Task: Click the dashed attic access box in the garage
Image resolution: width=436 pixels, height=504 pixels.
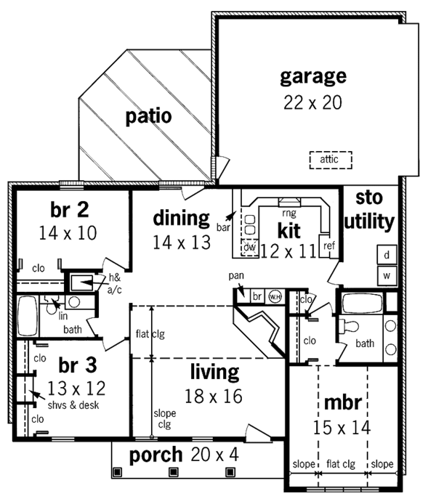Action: (x=330, y=159)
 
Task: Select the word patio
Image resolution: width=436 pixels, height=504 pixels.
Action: (x=148, y=116)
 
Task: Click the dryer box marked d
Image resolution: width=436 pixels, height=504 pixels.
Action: (x=387, y=255)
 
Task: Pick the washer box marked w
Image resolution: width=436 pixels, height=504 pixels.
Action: (x=387, y=276)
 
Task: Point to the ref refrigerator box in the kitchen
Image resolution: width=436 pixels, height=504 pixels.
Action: (x=328, y=245)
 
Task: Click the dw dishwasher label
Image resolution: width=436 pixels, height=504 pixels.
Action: (x=249, y=248)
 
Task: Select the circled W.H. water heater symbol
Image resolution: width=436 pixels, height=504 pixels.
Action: (x=274, y=296)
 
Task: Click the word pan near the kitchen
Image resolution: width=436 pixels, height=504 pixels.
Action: (x=235, y=276)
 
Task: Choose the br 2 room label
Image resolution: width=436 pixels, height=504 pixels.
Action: (x=70, y=210)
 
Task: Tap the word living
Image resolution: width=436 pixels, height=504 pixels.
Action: (x=214, y=373)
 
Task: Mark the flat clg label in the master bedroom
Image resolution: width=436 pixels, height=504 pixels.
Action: (x=342, y=463)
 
